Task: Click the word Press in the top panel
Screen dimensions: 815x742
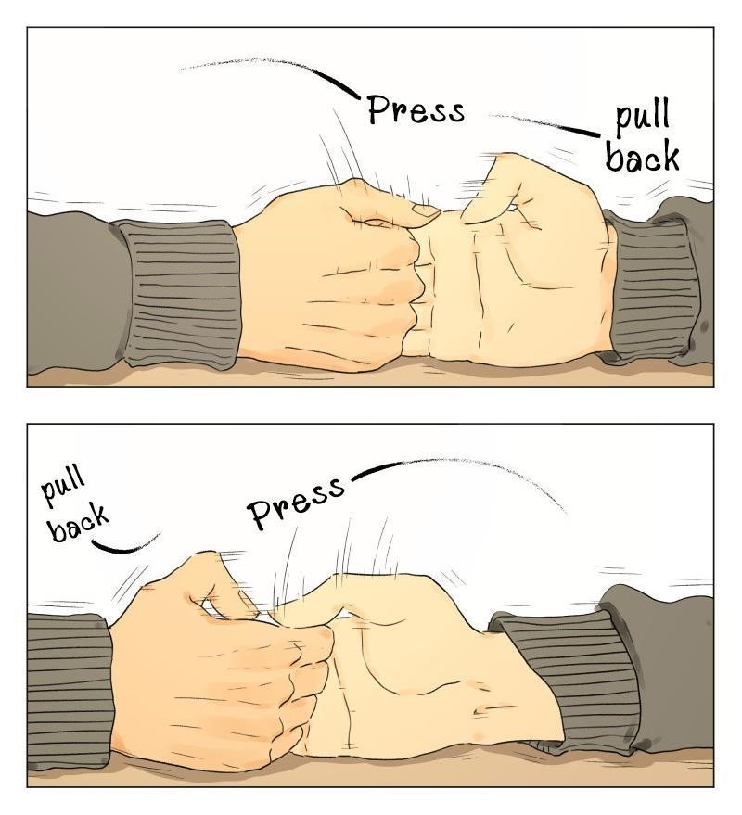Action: [416, 110]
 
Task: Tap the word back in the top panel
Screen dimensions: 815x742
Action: [643, 156]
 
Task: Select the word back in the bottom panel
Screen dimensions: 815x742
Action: [79, 526]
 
